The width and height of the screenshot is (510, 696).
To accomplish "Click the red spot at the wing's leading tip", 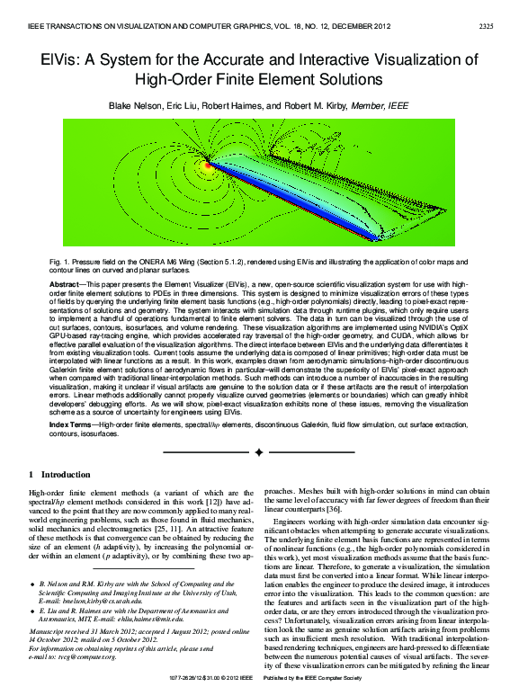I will tap(208, 165).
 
